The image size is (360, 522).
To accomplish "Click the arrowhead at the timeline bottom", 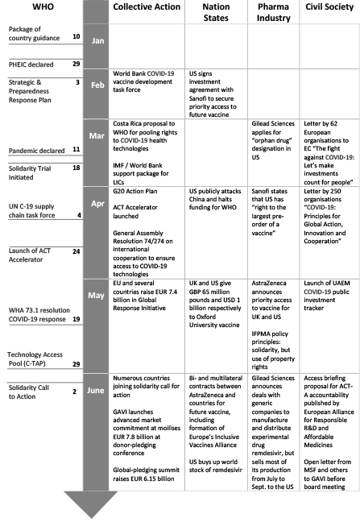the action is (95, 503).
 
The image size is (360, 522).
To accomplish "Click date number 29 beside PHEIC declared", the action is (76, 62).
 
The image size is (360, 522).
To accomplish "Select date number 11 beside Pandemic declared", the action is (75, 150).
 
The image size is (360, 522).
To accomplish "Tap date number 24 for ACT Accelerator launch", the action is (75, 251).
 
